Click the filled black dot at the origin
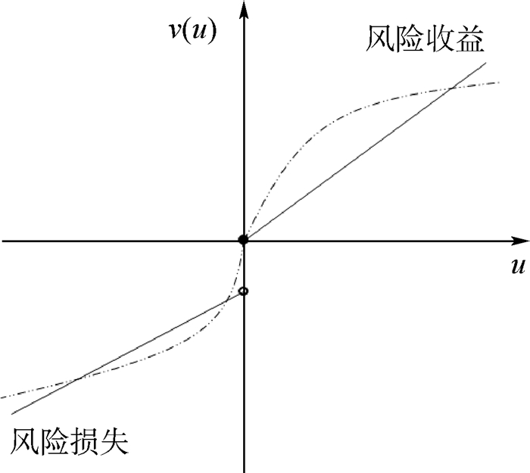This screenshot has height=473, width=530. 243,240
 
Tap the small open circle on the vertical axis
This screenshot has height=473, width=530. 243,291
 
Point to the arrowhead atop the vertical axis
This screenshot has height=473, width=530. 244,9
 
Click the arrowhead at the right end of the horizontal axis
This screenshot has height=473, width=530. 519,241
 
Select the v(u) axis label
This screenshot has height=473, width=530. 192,32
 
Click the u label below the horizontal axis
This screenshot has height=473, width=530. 518,266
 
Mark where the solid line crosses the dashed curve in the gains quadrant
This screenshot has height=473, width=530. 452,89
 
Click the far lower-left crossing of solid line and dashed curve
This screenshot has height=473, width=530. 79,378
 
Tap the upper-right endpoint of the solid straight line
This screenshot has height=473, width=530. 486,63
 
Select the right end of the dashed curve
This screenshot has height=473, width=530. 500,82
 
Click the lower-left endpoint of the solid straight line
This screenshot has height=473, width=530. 12,413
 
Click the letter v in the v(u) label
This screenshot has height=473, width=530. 176,31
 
